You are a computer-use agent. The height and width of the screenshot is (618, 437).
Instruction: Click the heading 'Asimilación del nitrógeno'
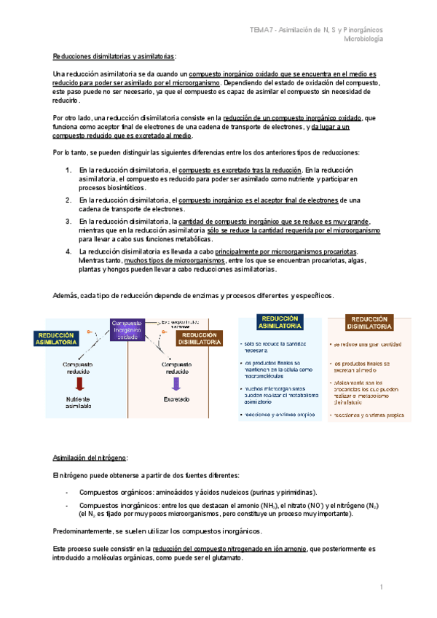[x=90, y=457]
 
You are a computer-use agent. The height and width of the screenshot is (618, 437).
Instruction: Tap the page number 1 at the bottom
[x=380, y=587]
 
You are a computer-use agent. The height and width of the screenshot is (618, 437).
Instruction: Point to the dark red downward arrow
[x=77, y=384]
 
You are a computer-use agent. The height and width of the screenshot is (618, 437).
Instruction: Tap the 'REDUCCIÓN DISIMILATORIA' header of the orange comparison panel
[x=370, y=324]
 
